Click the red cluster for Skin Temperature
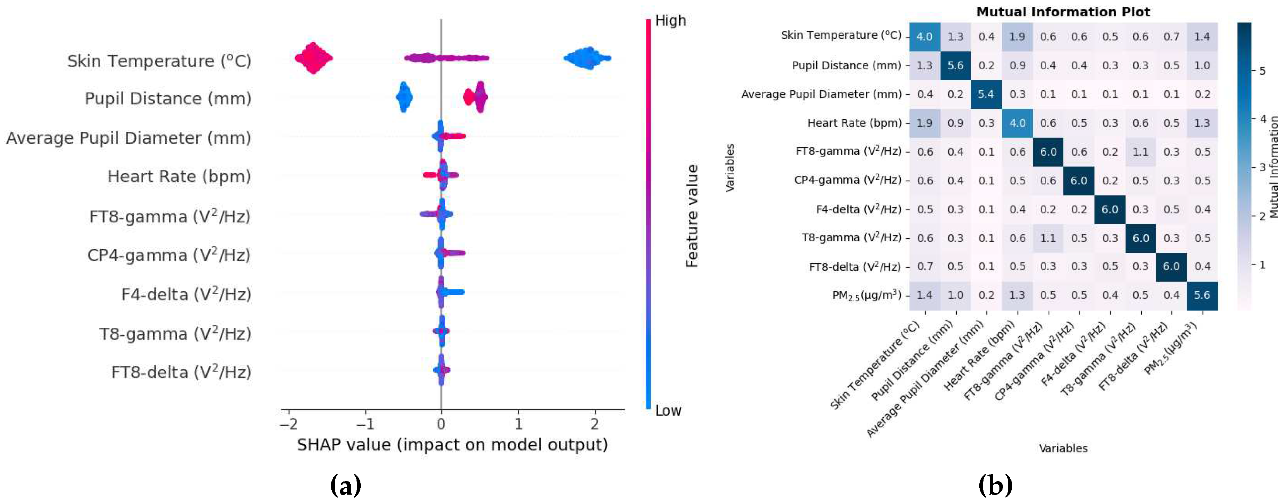[x=313, y=58]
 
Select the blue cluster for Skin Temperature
[x=588, y=58]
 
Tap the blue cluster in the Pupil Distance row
[x=404, y=98]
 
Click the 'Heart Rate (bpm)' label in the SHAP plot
[x=179, y=177]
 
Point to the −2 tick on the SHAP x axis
[x=288, y=425]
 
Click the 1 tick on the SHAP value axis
[x=518, y=425]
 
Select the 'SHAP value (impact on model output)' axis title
[x=452, y=445]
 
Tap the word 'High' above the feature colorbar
[x=670, y=21]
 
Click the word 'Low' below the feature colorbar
[x=668, y=411]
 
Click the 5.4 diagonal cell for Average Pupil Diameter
[x=986, y=94]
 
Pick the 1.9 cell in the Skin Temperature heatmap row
[x=1017, y=36]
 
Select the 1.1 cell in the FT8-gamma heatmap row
[x=1140, y=151]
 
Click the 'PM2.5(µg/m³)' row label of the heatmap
[x=866, y=296]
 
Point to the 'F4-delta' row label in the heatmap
[x=859, y=210]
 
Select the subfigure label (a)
[x=346, y=485]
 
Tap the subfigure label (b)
[x=995, y=485]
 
